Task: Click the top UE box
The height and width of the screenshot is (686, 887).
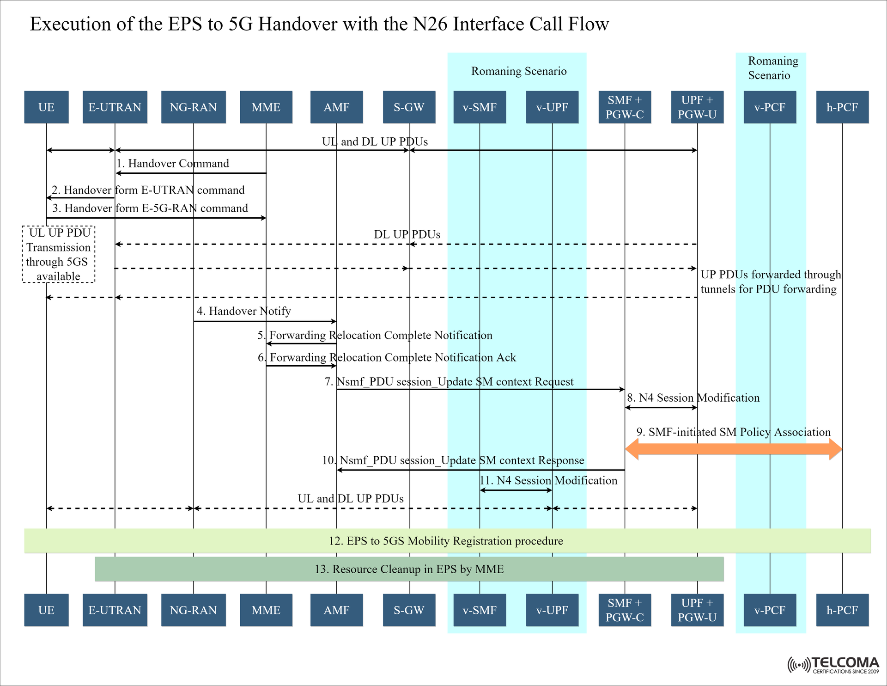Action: [x=46, y=107]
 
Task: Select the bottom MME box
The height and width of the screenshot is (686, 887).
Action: [x=266, y=610]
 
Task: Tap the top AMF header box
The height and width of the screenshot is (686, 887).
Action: [x=336, y=107]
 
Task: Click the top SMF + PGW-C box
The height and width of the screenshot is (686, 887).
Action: [x=625, y=107]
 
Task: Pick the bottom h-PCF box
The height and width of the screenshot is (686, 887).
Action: [x=842, y=610]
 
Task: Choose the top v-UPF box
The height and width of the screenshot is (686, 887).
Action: [x=552, y=107]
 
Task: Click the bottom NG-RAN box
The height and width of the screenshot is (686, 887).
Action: [x=193, y=610]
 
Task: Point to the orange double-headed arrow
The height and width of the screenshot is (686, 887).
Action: [x=733, y=449]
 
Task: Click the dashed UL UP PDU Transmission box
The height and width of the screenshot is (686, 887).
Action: [x=59, y=254]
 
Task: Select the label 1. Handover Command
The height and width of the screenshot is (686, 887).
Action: [x=173, y=164]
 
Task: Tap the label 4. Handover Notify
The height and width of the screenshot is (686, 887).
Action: [x=244, y=311]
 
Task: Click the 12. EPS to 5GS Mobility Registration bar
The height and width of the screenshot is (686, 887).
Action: [x=447, y=541]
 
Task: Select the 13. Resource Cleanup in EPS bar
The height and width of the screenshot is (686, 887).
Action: [x=409, y=569]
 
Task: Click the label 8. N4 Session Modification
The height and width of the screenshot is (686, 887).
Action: [x=693, y=398]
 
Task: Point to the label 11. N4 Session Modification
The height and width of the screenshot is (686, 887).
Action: [x=548, y=481]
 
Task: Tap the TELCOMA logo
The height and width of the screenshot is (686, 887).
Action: [x=833, y=665]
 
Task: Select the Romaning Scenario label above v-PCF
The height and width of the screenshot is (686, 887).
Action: [x=772, y=68]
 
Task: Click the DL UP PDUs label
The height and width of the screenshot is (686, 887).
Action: [x=407, y=234]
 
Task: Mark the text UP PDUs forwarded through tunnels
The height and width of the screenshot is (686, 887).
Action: [x=770, y=282]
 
